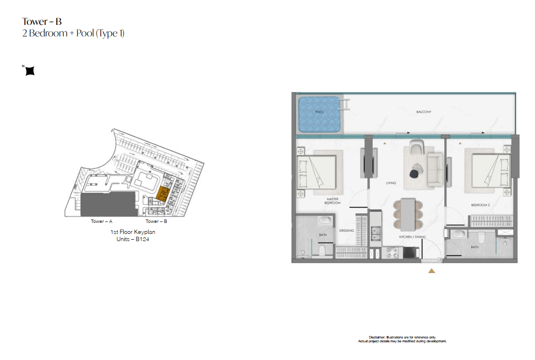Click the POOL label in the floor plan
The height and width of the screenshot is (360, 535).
click(x=319, y=112)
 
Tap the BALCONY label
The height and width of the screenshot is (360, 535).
click(x=424, y=112)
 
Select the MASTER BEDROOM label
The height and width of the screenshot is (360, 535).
click(x=332, y=201)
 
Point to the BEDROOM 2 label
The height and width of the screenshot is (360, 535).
click(x=480, y=205)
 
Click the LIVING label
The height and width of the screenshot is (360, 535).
click(x=391, y=183)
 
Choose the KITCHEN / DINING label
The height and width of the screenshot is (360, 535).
click(x=412, y=237)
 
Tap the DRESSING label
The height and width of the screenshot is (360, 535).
click(x=346, y=231)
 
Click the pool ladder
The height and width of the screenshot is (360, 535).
click(x=344, y=105)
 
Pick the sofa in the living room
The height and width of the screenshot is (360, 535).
click(x=435, y=170)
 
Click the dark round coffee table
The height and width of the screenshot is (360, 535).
click(x=414, y=174)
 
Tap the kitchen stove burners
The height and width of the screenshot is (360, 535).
click(x=392, y=253)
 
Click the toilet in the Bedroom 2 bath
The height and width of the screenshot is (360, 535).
click(x=481, y=237)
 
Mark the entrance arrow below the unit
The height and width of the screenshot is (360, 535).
click(x=431, y=271)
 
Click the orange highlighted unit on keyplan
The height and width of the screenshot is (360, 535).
click(x=163, y=193)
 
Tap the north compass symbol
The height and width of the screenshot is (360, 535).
click(x=30, y=70)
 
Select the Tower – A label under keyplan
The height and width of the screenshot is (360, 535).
click(x=101, y=221)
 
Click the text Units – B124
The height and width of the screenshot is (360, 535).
click(x=133, y=239)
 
